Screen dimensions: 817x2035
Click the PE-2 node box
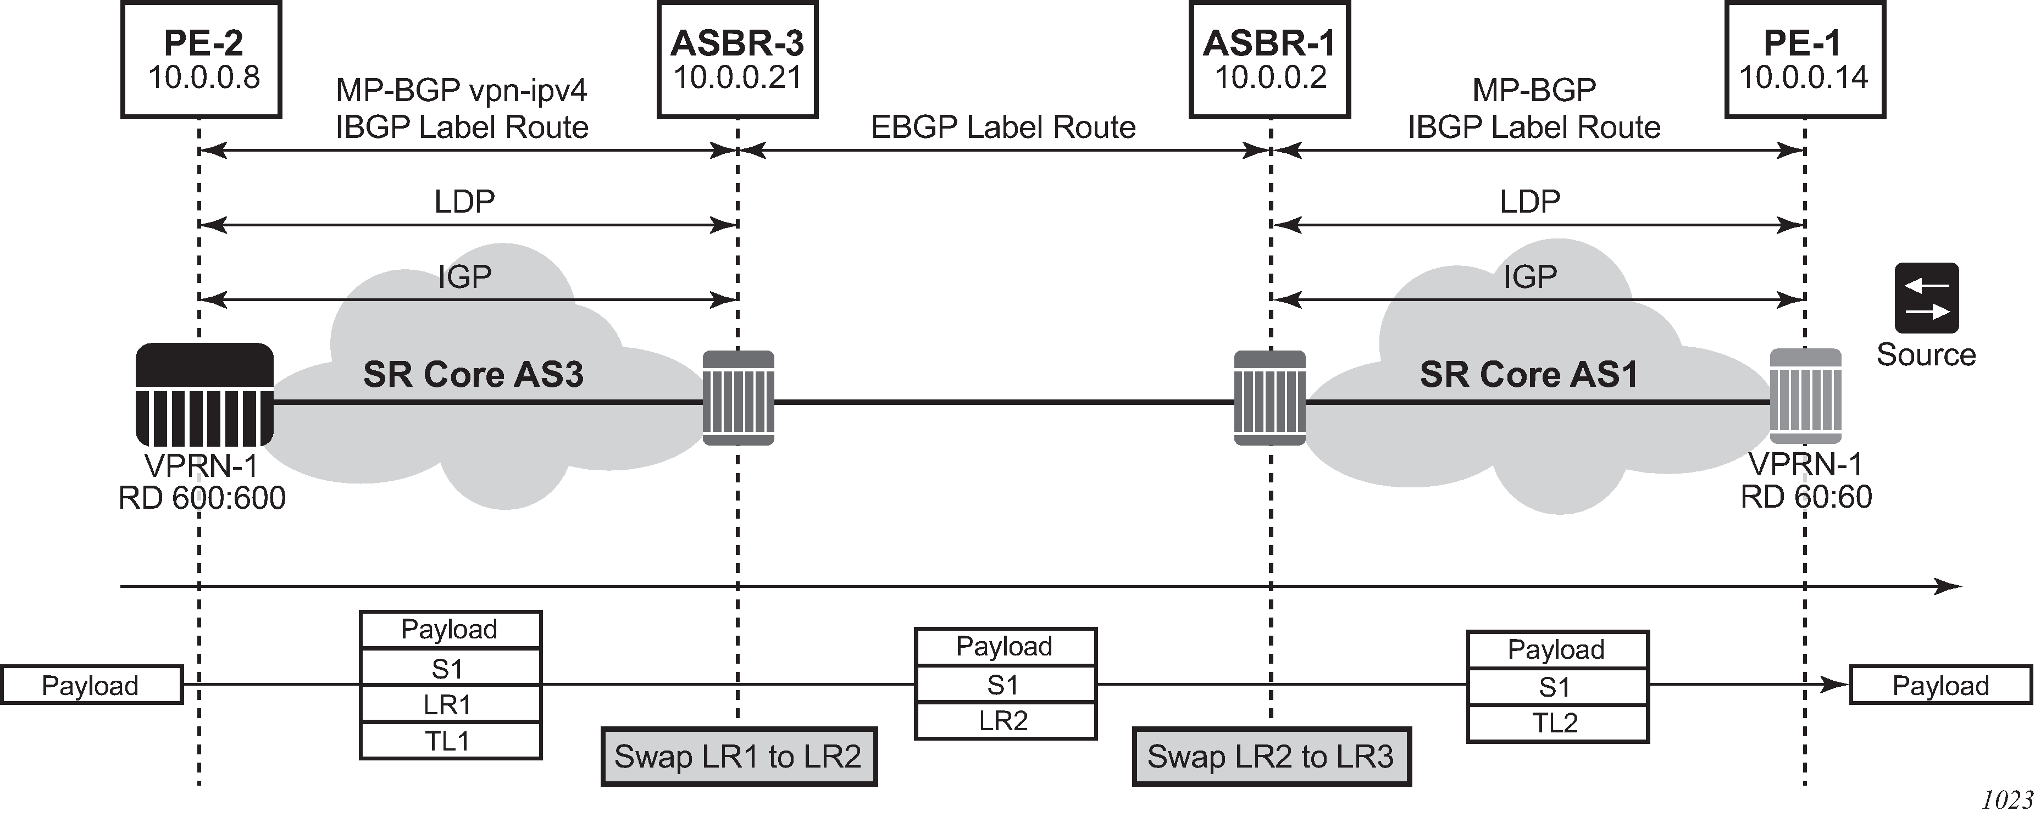tap(202, 60)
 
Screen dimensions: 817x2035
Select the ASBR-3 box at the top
tap(737, 60)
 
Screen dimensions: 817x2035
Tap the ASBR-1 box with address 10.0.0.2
tap(1269, 60)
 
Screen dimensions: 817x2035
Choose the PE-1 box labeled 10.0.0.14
tap(1804, 60)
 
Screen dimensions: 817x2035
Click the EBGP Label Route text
tap(1003, 127)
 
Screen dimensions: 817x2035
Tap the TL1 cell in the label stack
tap(450, 741)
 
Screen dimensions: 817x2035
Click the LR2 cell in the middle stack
tap(1005, 721)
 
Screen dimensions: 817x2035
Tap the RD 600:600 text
tap(202, 498)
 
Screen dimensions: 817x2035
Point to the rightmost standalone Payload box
tap(1940, 685)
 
